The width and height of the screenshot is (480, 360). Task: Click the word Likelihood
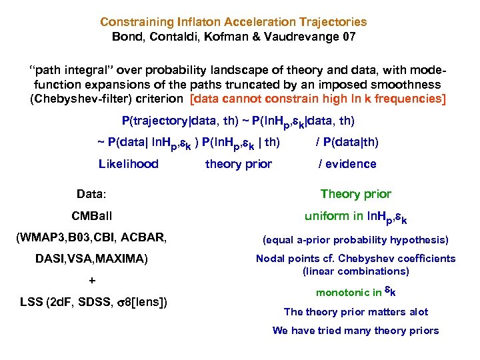129,164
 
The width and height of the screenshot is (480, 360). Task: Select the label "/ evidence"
347,164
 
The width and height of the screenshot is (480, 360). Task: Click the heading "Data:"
93,194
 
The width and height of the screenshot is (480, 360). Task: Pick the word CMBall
92,216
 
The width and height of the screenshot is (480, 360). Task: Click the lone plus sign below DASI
92,281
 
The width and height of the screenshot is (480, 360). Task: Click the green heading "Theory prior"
355,194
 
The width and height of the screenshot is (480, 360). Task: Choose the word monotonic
339,292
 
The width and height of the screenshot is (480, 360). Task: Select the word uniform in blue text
325,217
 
